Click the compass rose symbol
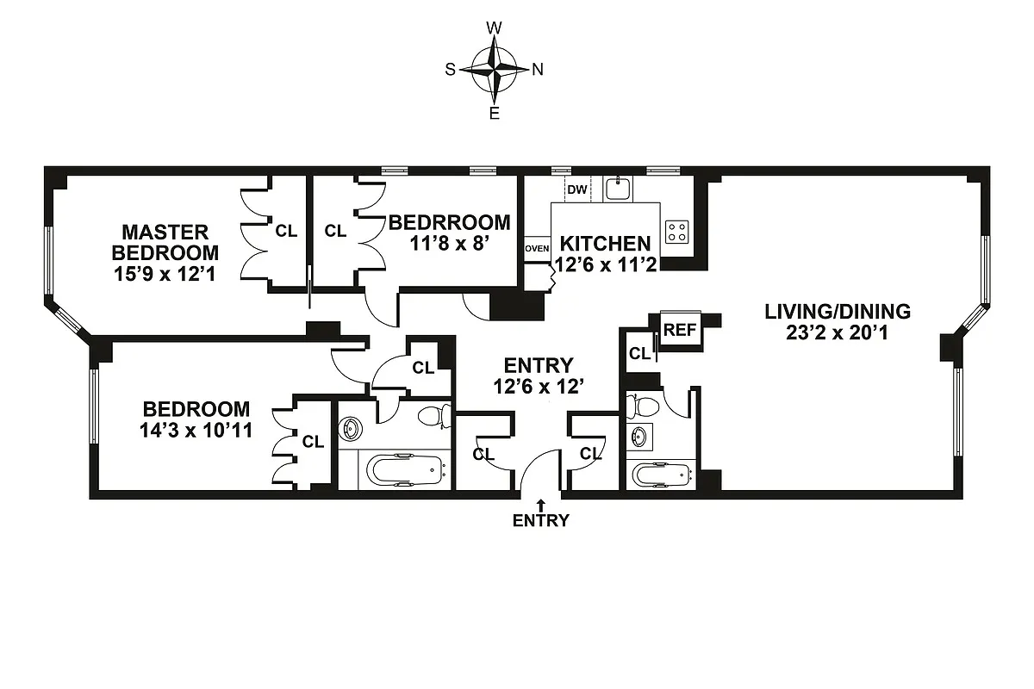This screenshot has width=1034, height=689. tap(494, 70)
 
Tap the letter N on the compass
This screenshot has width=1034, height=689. tap(538, 71)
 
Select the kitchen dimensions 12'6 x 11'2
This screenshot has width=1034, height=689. tap(606, 265)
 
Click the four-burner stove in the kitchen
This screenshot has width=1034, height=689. tap(677, 231)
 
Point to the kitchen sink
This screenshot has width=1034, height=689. tap(618, 188)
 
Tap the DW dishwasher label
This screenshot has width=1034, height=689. tap(577, 189)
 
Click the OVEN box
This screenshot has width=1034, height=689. tap(537, 249)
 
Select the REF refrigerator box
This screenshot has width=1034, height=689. tap(680, 329)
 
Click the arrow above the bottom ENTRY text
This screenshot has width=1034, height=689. tap(541, 504)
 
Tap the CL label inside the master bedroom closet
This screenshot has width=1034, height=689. tap(285, 231)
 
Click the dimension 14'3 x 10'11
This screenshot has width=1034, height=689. tap(196, 430)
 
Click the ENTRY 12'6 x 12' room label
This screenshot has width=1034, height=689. tap(539, 376)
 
